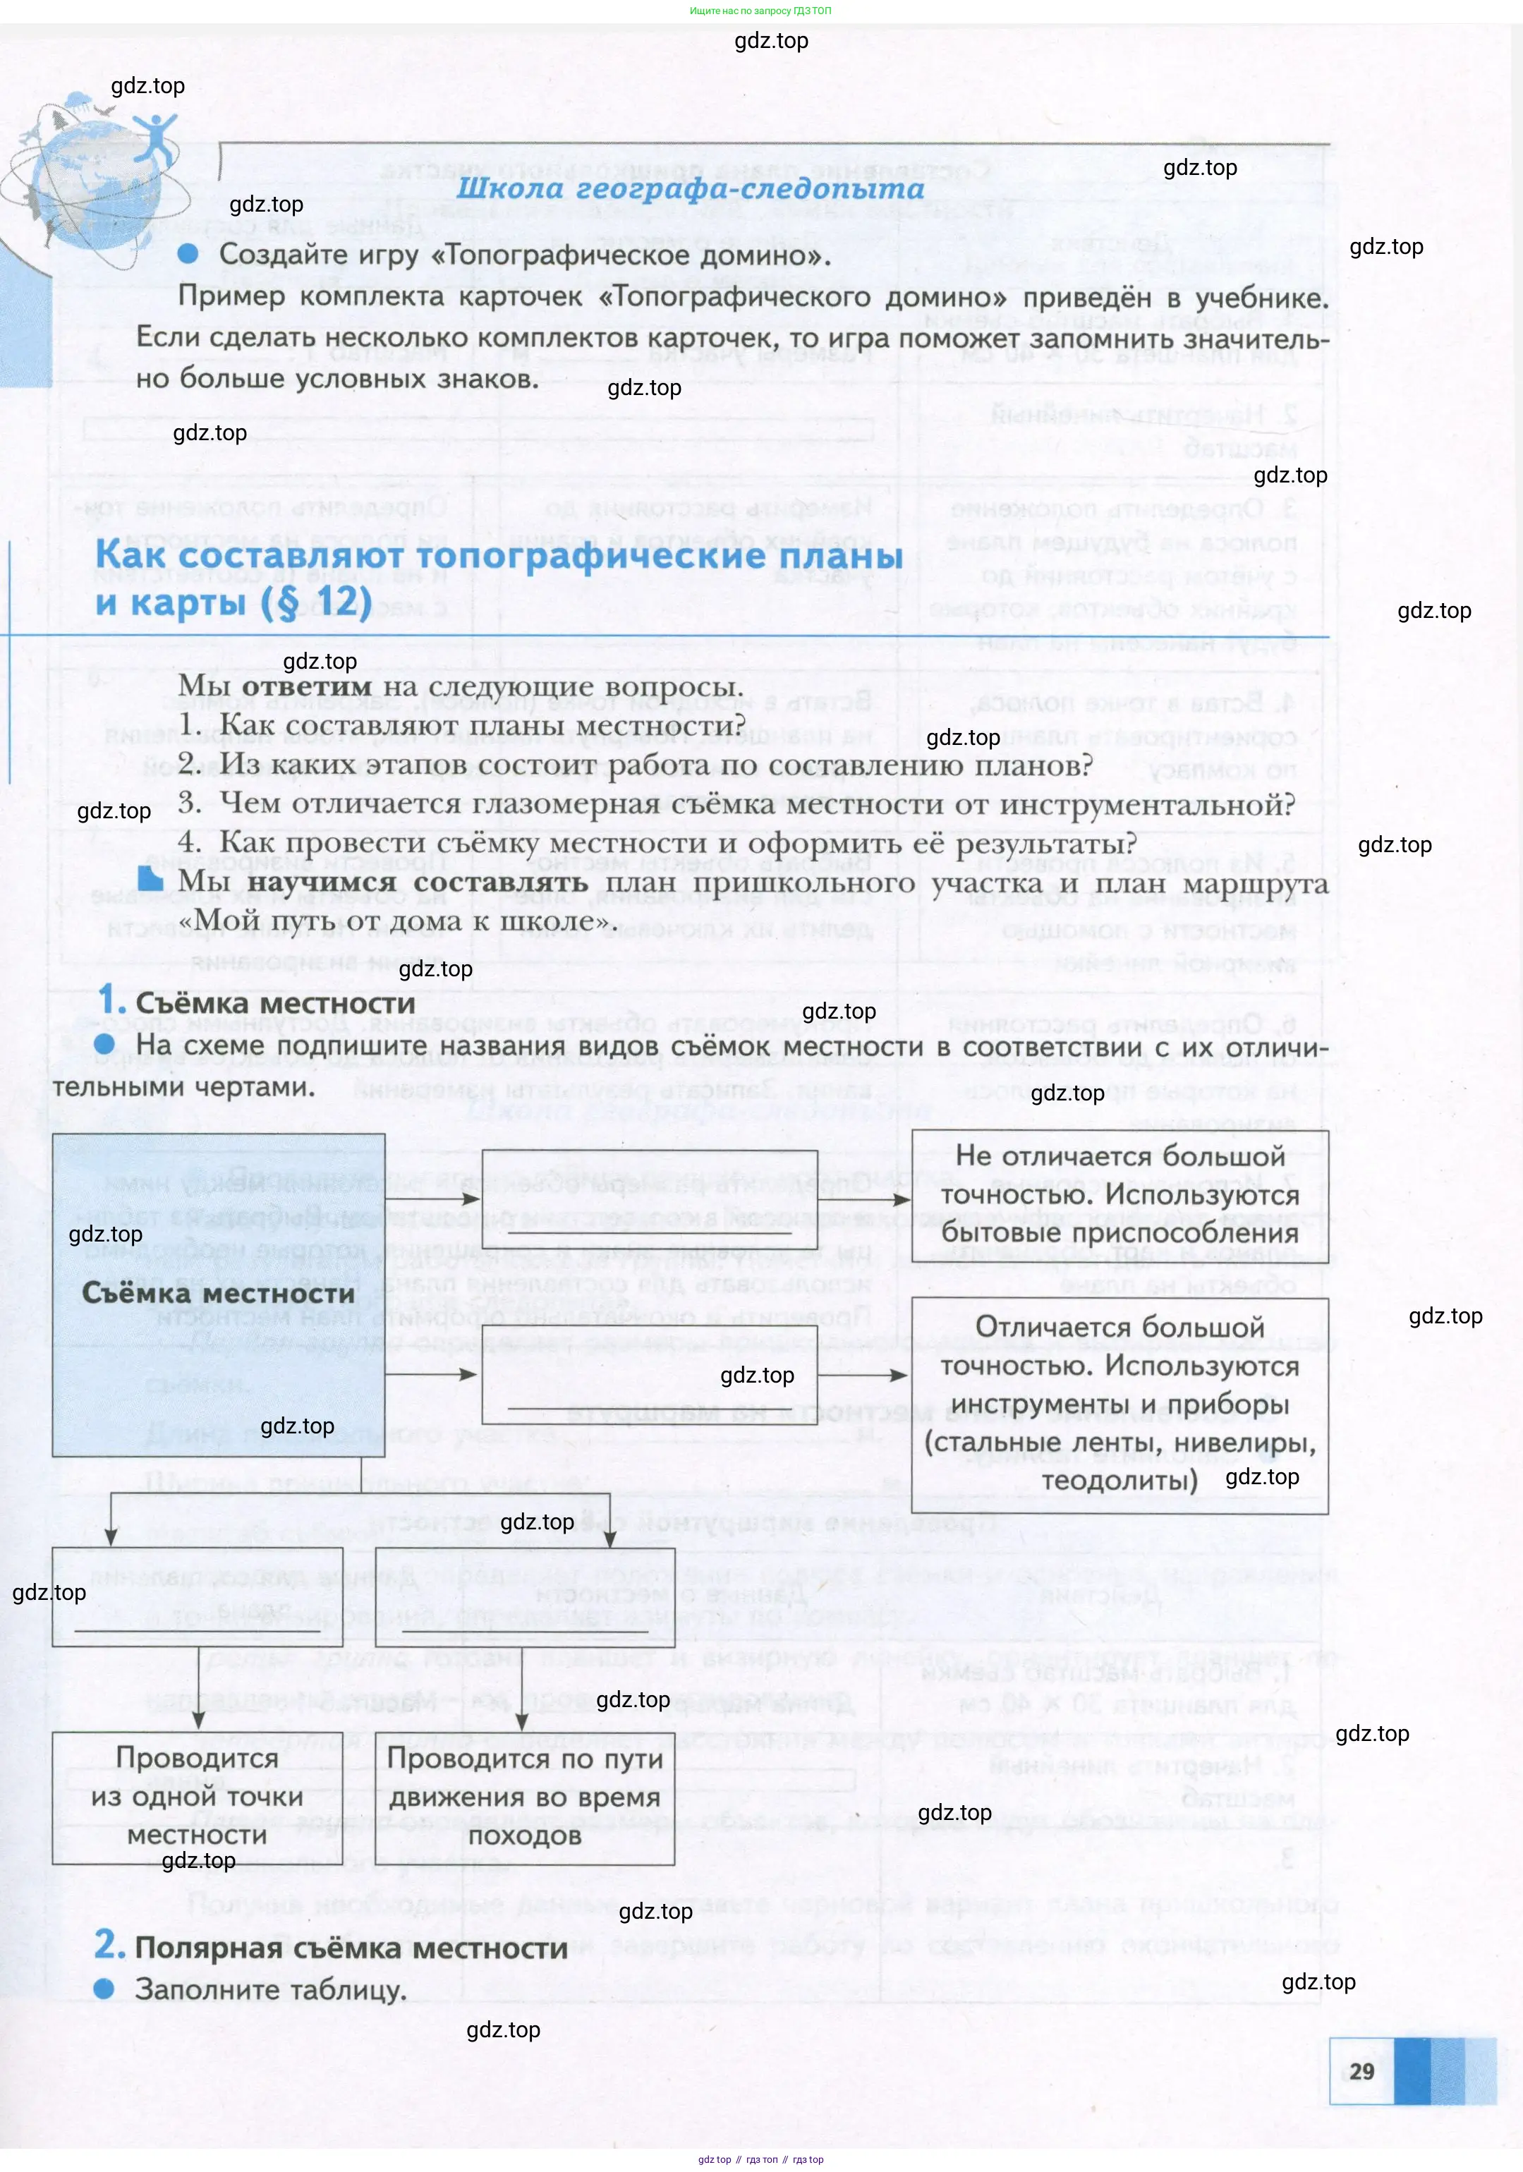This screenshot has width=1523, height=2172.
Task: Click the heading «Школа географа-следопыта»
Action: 690,188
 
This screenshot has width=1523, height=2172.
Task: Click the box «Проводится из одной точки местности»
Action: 197,1797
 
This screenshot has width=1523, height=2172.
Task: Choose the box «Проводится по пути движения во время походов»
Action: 524,1797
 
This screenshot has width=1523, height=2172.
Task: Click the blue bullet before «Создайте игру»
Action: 188,253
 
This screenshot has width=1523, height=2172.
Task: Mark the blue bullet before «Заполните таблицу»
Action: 104,1989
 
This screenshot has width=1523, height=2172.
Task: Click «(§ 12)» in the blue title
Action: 316,602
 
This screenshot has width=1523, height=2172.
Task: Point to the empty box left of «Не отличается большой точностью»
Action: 649,1199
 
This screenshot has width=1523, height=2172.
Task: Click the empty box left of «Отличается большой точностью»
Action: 649,1373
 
